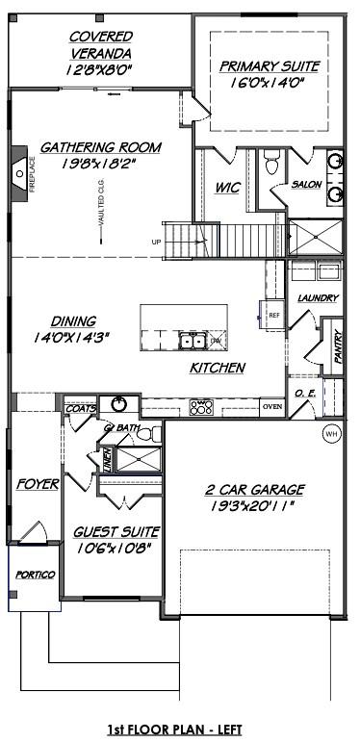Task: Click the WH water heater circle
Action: coord(332,433)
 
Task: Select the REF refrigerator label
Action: coord(273,315)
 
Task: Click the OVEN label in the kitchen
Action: coord(272,406)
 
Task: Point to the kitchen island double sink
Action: coord(193,340)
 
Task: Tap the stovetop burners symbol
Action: coord(202,408)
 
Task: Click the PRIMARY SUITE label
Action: coord(269,66)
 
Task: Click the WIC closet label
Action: coord(227,187)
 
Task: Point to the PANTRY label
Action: coord(338,347)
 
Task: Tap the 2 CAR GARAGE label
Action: coord(257,489)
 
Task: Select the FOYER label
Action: coord(38,483)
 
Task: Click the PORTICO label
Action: coord(36,575)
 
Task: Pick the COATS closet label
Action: coord(80,408)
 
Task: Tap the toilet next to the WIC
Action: coord(272,166)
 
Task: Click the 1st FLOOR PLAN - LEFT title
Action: coord(180,729)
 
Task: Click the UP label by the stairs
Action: coord(156,242)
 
